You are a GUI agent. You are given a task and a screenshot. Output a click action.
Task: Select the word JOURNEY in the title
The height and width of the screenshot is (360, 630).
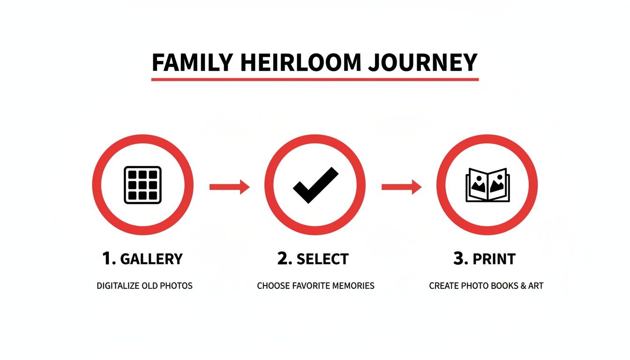pos(422,62)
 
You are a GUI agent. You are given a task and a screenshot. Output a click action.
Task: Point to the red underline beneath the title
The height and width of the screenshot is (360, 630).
pos(315,79)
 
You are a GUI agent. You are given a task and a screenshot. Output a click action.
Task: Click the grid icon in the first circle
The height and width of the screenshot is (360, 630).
pos(142,185)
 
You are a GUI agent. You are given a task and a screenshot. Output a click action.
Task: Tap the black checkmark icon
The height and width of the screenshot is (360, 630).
pos(315,185)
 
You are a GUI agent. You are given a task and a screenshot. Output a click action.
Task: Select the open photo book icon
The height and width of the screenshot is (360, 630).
pos(487,185)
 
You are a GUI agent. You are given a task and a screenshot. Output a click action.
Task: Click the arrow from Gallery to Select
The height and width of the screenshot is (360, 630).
pos(229,187)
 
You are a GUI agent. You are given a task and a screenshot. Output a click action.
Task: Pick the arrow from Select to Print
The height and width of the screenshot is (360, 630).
pos(401,187)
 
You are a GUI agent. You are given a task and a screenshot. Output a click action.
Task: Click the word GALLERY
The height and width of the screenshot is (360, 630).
pos(151,259)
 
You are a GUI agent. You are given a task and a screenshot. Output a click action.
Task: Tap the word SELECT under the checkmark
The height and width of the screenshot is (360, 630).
pos(322,259)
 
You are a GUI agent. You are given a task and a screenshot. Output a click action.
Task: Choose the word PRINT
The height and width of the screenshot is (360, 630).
pos(494,259)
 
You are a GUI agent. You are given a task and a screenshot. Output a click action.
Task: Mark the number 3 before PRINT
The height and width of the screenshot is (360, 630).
pos(459,259)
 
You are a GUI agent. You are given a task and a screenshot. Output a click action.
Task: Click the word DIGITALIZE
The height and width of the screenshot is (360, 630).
pos(118,285)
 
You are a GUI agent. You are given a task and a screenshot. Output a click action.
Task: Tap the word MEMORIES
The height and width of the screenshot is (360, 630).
pos(355,285)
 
